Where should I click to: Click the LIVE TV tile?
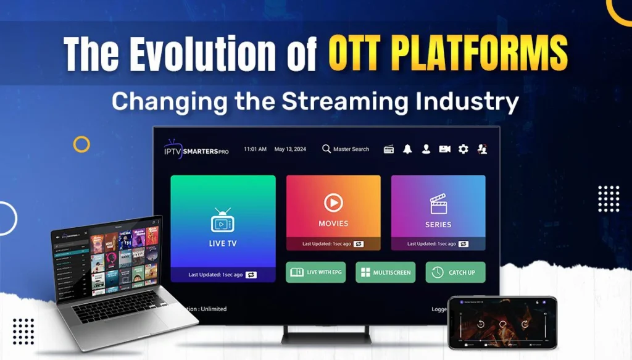tap(223, 228)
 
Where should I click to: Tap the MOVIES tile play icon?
tap(333, 203)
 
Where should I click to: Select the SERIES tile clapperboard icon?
tap(438, 204)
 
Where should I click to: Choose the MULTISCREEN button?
tap(385, 272)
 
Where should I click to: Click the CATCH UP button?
tap(455, 272)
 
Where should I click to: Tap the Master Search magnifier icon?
tap(326, 149)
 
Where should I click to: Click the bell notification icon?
tap(407, 149)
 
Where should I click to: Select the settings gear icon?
tap(463, 149)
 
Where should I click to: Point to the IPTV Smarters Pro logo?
tap(196, 149)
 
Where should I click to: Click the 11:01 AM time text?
tap(255, 149)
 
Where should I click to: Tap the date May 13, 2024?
tap(290, 149)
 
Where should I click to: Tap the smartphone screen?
tap(501, 323)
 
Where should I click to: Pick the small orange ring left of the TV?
tap(81, 144)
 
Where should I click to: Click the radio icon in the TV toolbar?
tap(389, 149)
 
